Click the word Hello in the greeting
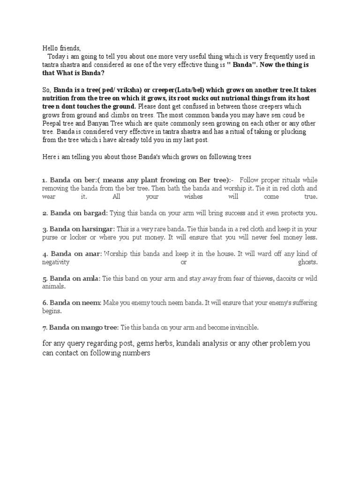coord(50,48)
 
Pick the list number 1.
coord(44,180)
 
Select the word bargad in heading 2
coord(94,213)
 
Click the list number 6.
coord(44,303)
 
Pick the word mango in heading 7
coord(93,327)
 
